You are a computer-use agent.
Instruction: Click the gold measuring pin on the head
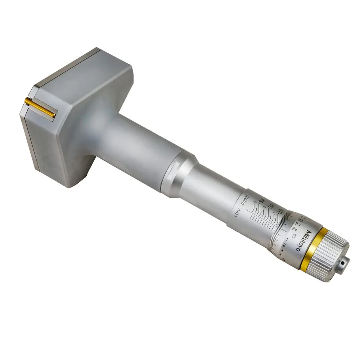pos(40,107)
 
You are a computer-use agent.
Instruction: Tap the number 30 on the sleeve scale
pos(281,211)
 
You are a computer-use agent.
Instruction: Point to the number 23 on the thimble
pos(298,224)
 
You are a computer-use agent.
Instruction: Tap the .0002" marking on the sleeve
pos(246,200)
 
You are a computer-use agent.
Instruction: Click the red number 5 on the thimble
pos(284,259)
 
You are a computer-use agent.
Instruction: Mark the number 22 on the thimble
pos(301,220)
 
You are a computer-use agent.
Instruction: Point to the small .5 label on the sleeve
pos(255,202)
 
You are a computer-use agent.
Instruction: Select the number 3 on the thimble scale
pos(283,251)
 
